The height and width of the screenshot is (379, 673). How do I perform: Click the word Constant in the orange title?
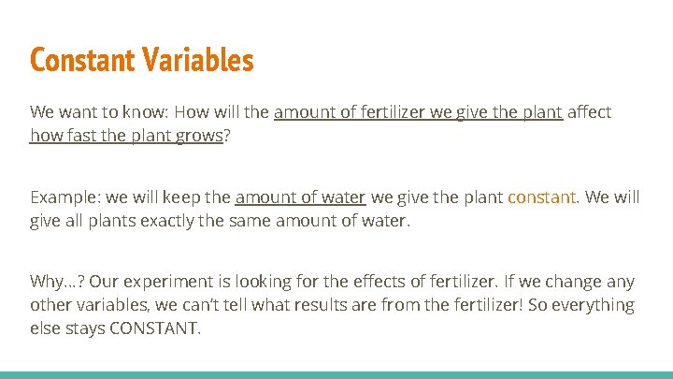click(x=83, y=60)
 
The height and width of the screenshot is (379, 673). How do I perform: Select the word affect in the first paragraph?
click(x=590, y=112)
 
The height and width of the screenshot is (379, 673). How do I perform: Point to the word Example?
click(x=64, y=197)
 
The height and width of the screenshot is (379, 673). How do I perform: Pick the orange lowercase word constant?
click(x=542, y=197)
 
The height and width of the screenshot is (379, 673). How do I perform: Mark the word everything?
click(x=594, y=306)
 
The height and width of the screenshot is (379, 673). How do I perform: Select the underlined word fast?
click(x=80, y=136)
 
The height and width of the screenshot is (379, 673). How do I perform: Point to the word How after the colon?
click(x=185, y=112)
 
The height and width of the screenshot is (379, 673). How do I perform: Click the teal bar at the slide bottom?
click(x=336, y=374)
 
